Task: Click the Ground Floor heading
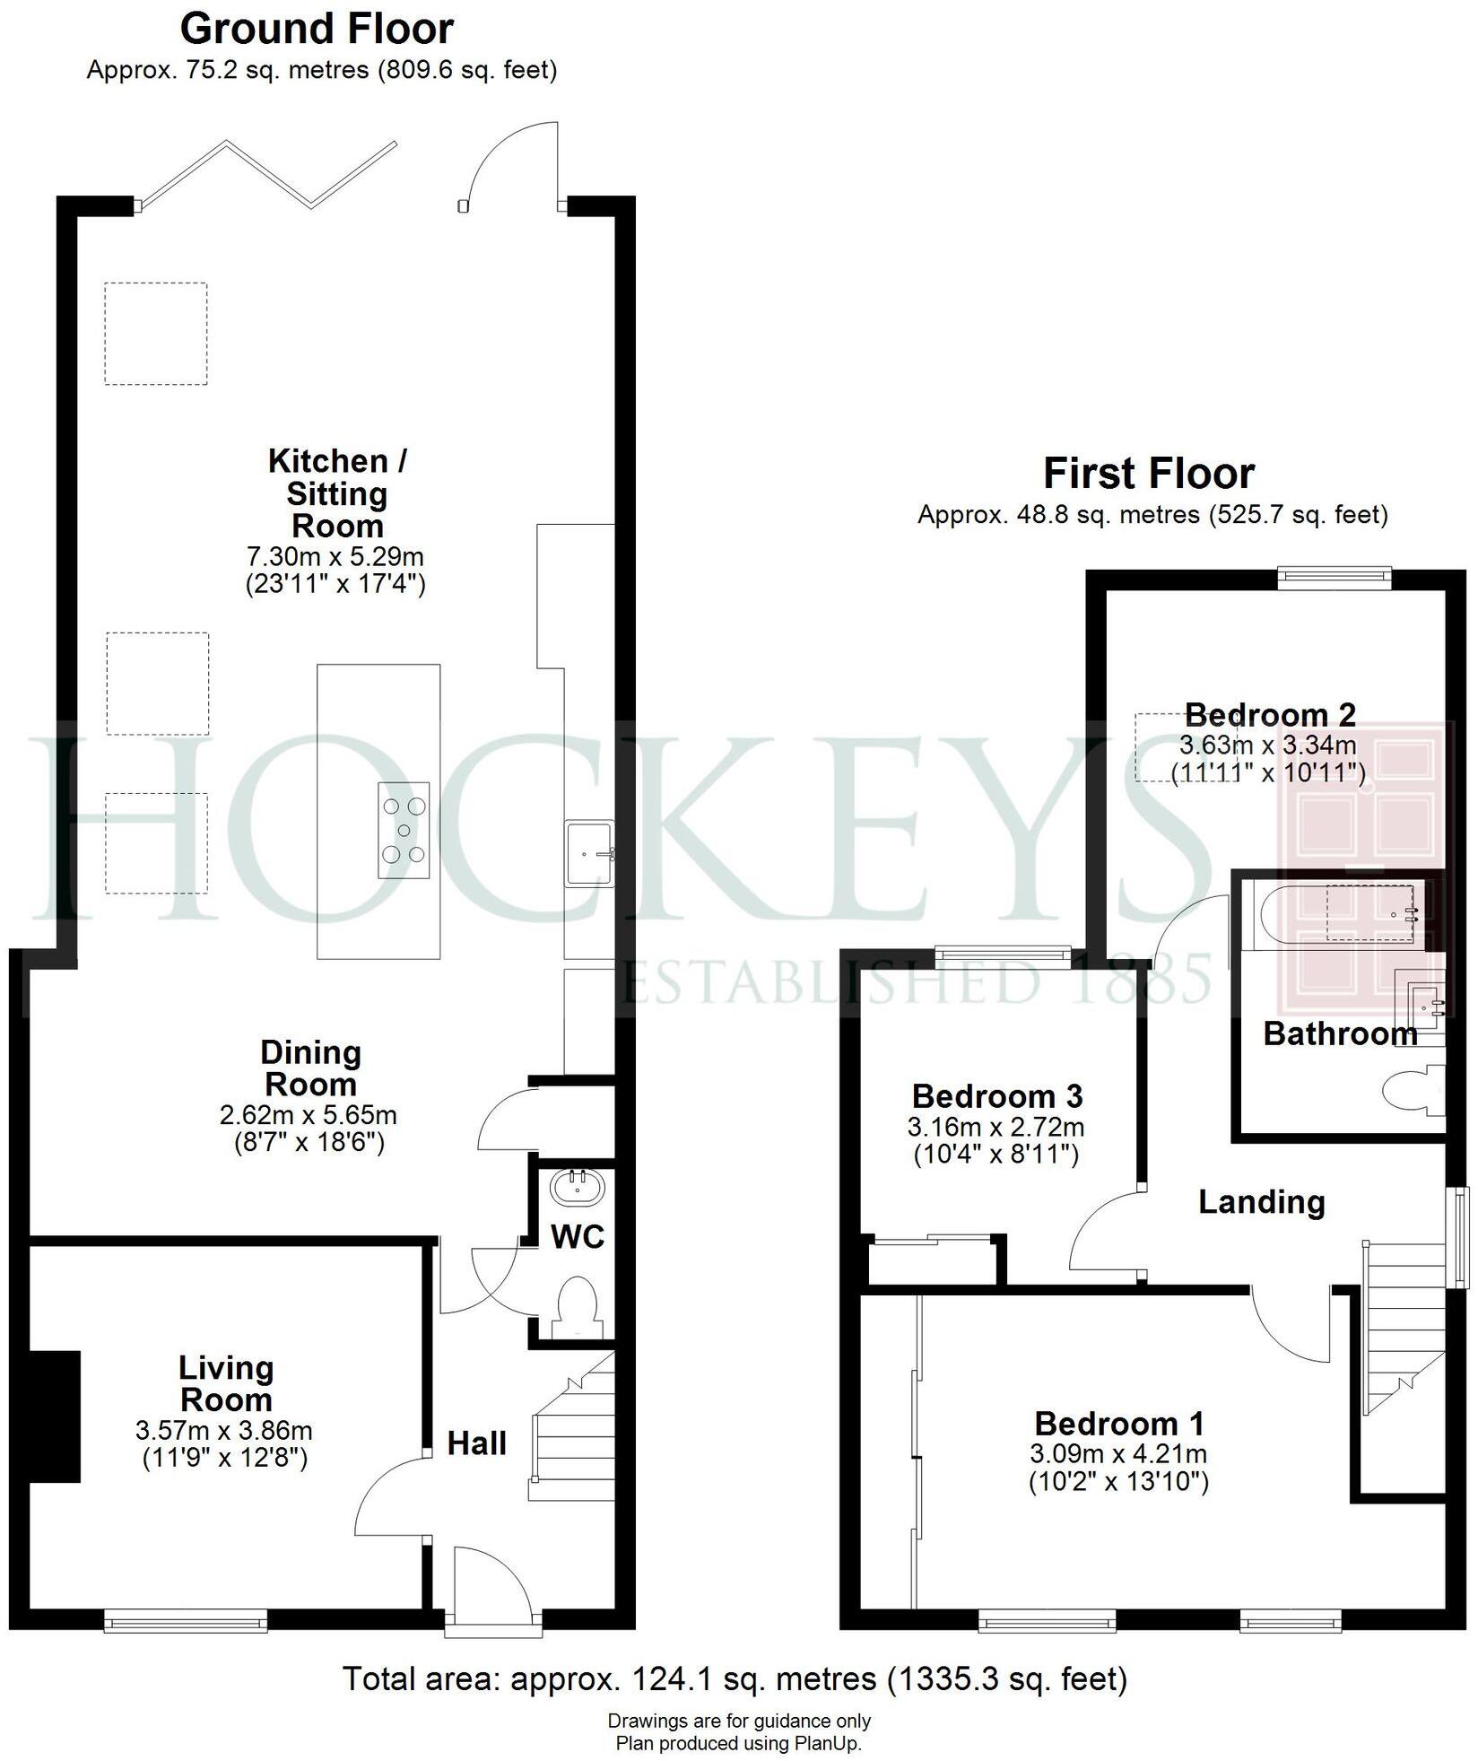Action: [x=317, y=30]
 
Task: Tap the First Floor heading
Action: [x=1148, y=474]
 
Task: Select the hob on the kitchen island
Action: [x=404, y=830]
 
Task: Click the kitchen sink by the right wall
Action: [x=589, y=853]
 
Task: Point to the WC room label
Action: [x=578, y=1237]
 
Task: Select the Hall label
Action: [x=477, y=1443]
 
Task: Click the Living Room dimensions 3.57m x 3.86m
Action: [x=224, y=1431]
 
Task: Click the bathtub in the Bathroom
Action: [x=1341, y=916]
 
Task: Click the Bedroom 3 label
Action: [x=997, y=1096]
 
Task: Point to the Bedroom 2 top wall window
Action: [x=1334, y=578]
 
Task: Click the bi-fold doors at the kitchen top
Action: [x=267, y=174]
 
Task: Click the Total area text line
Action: [x=735, y=1678]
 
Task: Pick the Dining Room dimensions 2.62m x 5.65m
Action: [x=309, y=1116]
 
